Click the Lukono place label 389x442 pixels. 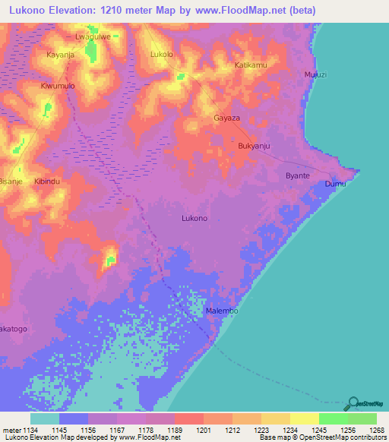click(x=194, y=218)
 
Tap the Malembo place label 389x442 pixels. click(x=223, y=311)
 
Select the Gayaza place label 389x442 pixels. click(x=226, y=119)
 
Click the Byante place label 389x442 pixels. click(x=297, y=175)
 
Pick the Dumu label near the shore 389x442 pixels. click(x=335, y=184)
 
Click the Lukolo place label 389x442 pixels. click(x=163, y=55)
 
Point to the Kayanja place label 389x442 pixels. click(x=62, y=55)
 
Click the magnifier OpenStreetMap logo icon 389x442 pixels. click(x=351, y=403)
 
